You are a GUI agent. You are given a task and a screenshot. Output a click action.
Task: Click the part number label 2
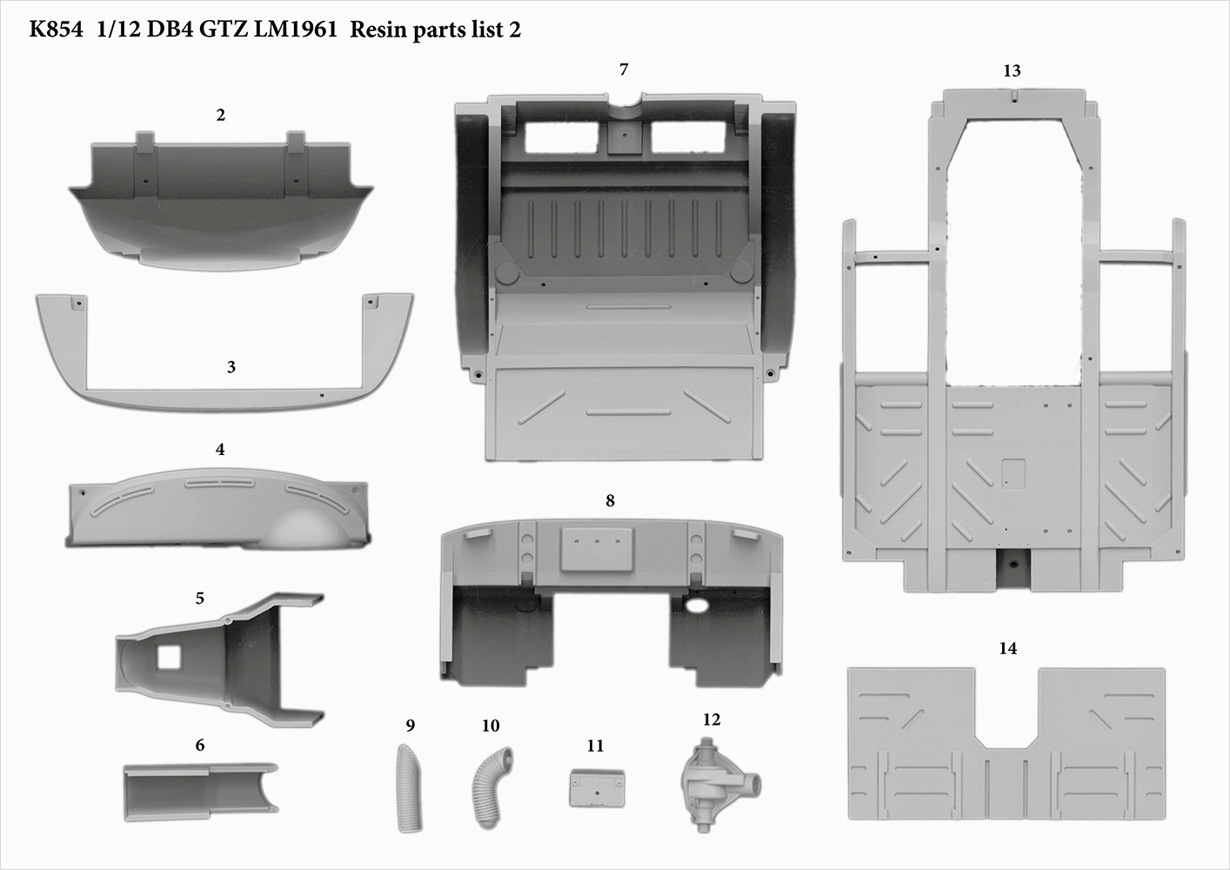coord(221,115)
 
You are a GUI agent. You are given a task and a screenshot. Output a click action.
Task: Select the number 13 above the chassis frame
coord(1012,71)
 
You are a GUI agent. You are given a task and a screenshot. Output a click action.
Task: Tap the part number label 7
coord(624,70)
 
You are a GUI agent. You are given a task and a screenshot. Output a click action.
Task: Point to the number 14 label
coord(1008,648)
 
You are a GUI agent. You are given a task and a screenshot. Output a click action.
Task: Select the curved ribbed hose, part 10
coord(493,773)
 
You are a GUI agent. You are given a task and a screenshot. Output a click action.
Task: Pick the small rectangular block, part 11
coord(596,787)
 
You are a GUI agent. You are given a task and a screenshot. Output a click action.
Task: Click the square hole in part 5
coord(167,656)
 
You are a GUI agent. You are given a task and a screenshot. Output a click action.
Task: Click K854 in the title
coord(57,30)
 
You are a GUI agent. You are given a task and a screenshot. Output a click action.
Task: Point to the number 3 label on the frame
coord(231,367)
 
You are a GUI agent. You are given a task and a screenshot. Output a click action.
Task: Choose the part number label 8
coord(610,500)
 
